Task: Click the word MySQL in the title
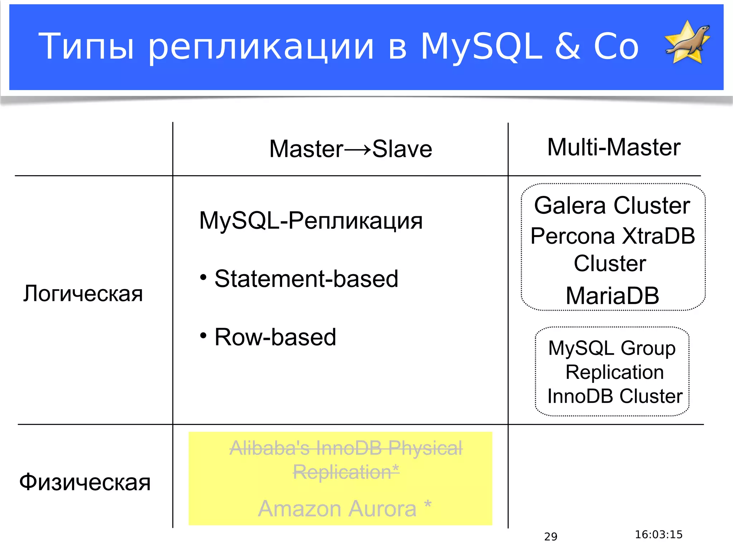481,46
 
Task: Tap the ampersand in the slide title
567,46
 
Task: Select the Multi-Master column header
613,147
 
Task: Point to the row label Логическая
83,294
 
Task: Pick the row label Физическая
85,482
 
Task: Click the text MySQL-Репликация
311,221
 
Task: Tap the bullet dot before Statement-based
203,277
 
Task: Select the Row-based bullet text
275,337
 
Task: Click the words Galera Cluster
612,206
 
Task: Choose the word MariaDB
612,296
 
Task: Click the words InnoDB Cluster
615,396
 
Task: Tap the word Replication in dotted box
614,372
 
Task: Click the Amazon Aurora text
337,508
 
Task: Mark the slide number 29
550,536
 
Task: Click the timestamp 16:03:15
659,535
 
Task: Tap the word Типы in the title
86,46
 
